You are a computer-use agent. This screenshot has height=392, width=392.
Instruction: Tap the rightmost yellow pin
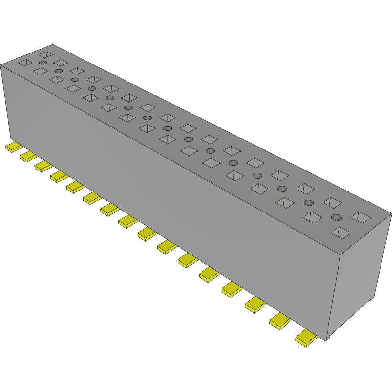pyautogui.click(x=307, y=339)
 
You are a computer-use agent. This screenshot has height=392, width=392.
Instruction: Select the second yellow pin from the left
pyautogui.click(x=28, y=156)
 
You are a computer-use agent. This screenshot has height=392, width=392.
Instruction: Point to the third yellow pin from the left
pyautogui.click(x=43, y=166)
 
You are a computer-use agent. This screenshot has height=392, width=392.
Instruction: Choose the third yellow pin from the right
pyautogui.click(x=255, y=305)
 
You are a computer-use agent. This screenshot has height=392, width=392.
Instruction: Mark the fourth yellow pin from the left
pyautogui.click(x=59, y=176)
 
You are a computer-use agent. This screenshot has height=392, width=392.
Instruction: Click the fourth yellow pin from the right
pyautogui.click(x=232, y=289)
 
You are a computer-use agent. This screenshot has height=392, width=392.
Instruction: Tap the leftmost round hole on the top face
pyautogui.click(x=43, y=63)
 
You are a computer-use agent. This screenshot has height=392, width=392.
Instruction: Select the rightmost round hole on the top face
pyautogui.click(x=337, y=218)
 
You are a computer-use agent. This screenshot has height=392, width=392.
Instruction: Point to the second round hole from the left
pyautogui.click(x=59, y=71)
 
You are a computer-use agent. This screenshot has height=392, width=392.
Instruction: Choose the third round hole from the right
pyautogui.click(x=282, y=189)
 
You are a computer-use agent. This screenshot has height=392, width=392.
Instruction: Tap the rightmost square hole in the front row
pyautogui.click(x=340, y=233)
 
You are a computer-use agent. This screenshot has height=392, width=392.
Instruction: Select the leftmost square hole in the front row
pyautogui.click(x=25, y=63)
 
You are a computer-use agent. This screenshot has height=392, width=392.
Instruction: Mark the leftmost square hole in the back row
pyautogui.click(x=45, y=54)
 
